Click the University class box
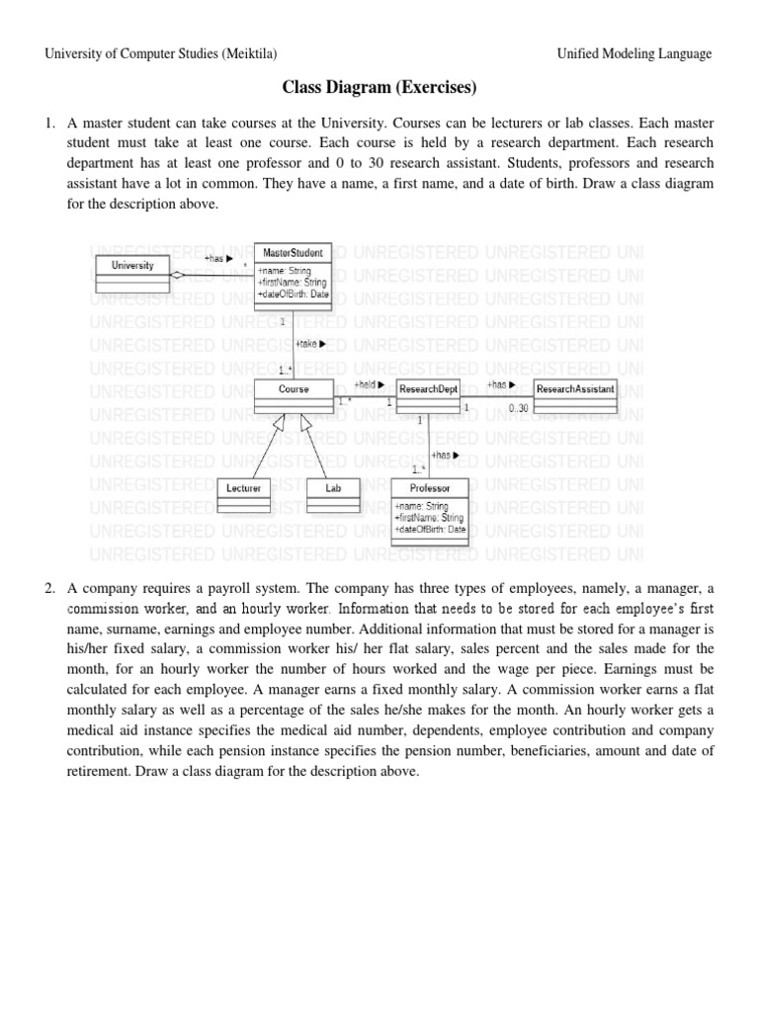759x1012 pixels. point(132,272)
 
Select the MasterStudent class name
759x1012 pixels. point(294,253)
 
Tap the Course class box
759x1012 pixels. point(294,395)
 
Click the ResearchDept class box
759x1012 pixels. point(428,395)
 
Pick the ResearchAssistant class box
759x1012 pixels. point(575,394)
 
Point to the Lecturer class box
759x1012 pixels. point(243,494)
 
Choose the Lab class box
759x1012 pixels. point(332,494)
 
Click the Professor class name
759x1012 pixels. point(429,488)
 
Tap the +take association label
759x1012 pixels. point(310,344)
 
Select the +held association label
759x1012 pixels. point(369,383)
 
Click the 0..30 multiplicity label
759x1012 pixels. point(519,408)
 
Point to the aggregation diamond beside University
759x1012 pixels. point(177,276)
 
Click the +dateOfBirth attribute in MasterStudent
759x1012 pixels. point(293,294)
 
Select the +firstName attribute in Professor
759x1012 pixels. point(428,517)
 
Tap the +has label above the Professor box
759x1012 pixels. point(445,456)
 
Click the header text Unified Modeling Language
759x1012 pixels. point(633,53)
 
